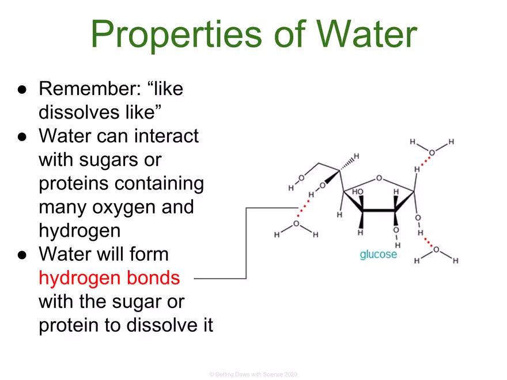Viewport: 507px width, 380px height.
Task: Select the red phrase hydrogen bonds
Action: pyautogui.click(x=109, y=279)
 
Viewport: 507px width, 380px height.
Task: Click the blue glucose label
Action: pyautogui.click(x=378, y=254)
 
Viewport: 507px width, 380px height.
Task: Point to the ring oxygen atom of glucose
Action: pyautogui.click(x=379, y=178)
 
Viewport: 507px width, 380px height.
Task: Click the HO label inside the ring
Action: pyautogui.click(x=358, y=192)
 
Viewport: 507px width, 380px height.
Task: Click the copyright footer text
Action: pyautogui.click(x=253, y=374)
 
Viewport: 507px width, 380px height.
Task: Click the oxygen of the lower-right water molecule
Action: pyautogui.click(x=436, y=249)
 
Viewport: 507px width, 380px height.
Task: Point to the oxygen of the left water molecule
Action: pyautogui.click(x=296, y=223)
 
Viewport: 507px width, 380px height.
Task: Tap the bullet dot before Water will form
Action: pyautogui.click(x=21, y=254)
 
